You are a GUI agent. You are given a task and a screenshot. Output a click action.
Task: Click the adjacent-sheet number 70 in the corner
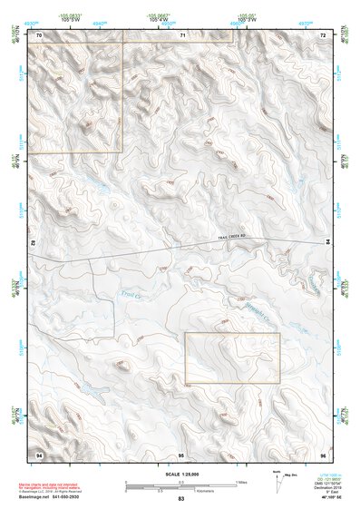pyautogui.click(x=39, y=34)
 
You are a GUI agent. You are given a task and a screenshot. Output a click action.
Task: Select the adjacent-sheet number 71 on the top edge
pyautogui.click(x=181, y=34)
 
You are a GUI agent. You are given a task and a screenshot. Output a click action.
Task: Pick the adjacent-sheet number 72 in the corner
pyautogui.click(x=322, y=34)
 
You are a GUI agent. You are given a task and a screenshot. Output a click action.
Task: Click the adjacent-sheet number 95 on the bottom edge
pyautogui.click(x=181, y=453)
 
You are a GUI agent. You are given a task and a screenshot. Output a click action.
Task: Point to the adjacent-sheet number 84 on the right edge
pyautogui.click(x=327, y=242)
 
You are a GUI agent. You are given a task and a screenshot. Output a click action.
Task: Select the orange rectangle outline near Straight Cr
pyautogui.click(x=232, y=357)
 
